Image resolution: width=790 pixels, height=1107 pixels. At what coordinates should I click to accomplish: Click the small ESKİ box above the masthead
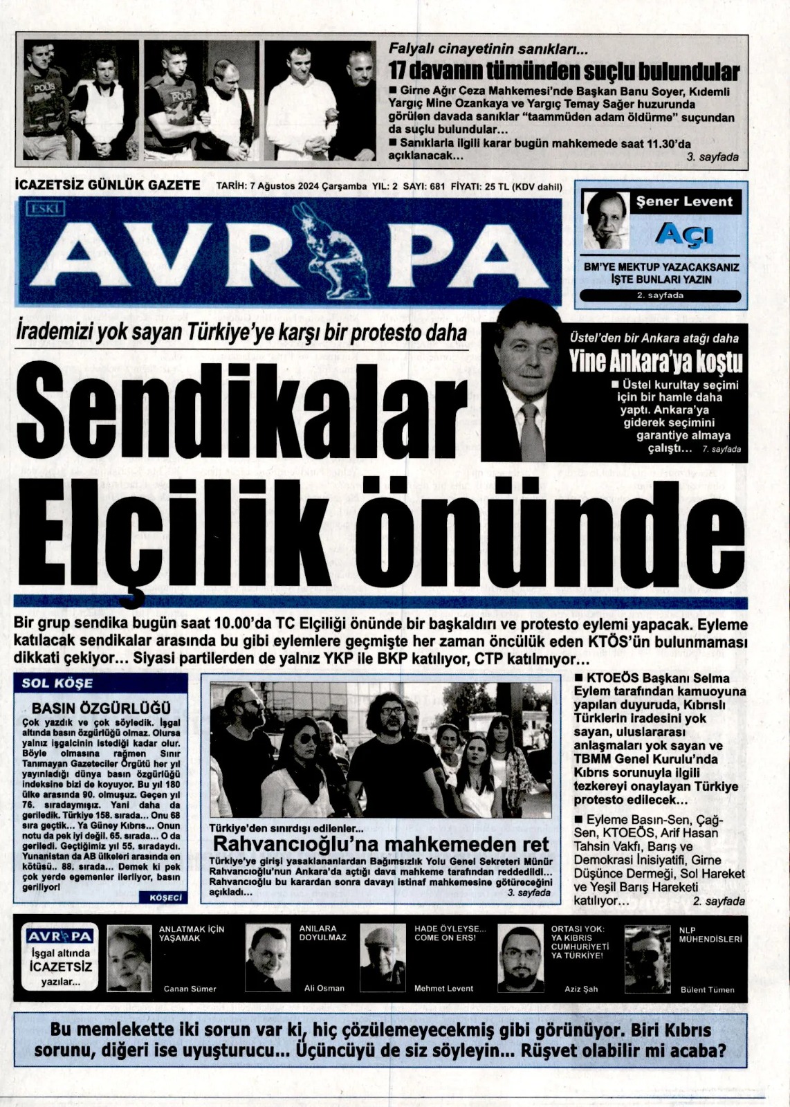[x=46, y=208]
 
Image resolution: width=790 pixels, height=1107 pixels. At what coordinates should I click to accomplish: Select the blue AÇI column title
[x=684, y=235]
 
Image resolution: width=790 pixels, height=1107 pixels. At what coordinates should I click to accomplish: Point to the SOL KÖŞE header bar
[x=100, y=684]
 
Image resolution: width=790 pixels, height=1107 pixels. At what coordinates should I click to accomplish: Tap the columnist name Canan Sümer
[x=190, y=989]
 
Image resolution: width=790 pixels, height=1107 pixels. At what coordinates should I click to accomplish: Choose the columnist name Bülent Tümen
[x=707, y=989]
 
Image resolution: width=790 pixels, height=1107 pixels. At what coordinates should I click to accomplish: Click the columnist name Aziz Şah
[x=581, y=989]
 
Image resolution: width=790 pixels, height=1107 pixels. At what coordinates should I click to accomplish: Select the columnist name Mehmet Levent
[x=443, y=988]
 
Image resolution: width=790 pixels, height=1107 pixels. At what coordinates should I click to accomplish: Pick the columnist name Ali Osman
[x=324, y=988]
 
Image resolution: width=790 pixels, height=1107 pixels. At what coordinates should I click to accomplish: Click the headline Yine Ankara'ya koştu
[x=655, y=361]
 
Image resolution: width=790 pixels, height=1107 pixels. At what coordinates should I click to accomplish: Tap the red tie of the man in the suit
[x=531, y=432]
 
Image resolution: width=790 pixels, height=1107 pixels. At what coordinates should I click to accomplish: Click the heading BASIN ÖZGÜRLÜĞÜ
[x=101, y=708]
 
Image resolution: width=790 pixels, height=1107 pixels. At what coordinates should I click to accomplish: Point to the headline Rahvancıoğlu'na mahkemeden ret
[x=380, y=844]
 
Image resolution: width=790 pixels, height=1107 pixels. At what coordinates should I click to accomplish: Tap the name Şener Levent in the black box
[x=683, y=202]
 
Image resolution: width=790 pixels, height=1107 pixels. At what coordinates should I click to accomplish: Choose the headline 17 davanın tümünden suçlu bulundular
[x=563, y=71]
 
